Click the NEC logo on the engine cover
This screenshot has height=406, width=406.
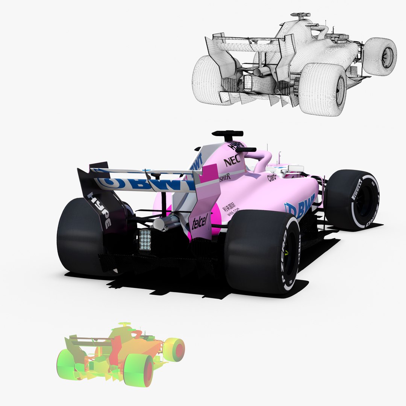pos(232,162)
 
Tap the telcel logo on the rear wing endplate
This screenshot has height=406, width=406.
pos(200,223)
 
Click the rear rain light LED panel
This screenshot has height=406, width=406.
pos(145,239)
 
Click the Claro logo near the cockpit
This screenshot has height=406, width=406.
pos(271,177)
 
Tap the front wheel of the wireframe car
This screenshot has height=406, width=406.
pos(380,56)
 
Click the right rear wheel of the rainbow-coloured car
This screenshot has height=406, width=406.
pos(139,370)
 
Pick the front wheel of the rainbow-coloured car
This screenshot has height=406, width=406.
pos(174,350)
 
